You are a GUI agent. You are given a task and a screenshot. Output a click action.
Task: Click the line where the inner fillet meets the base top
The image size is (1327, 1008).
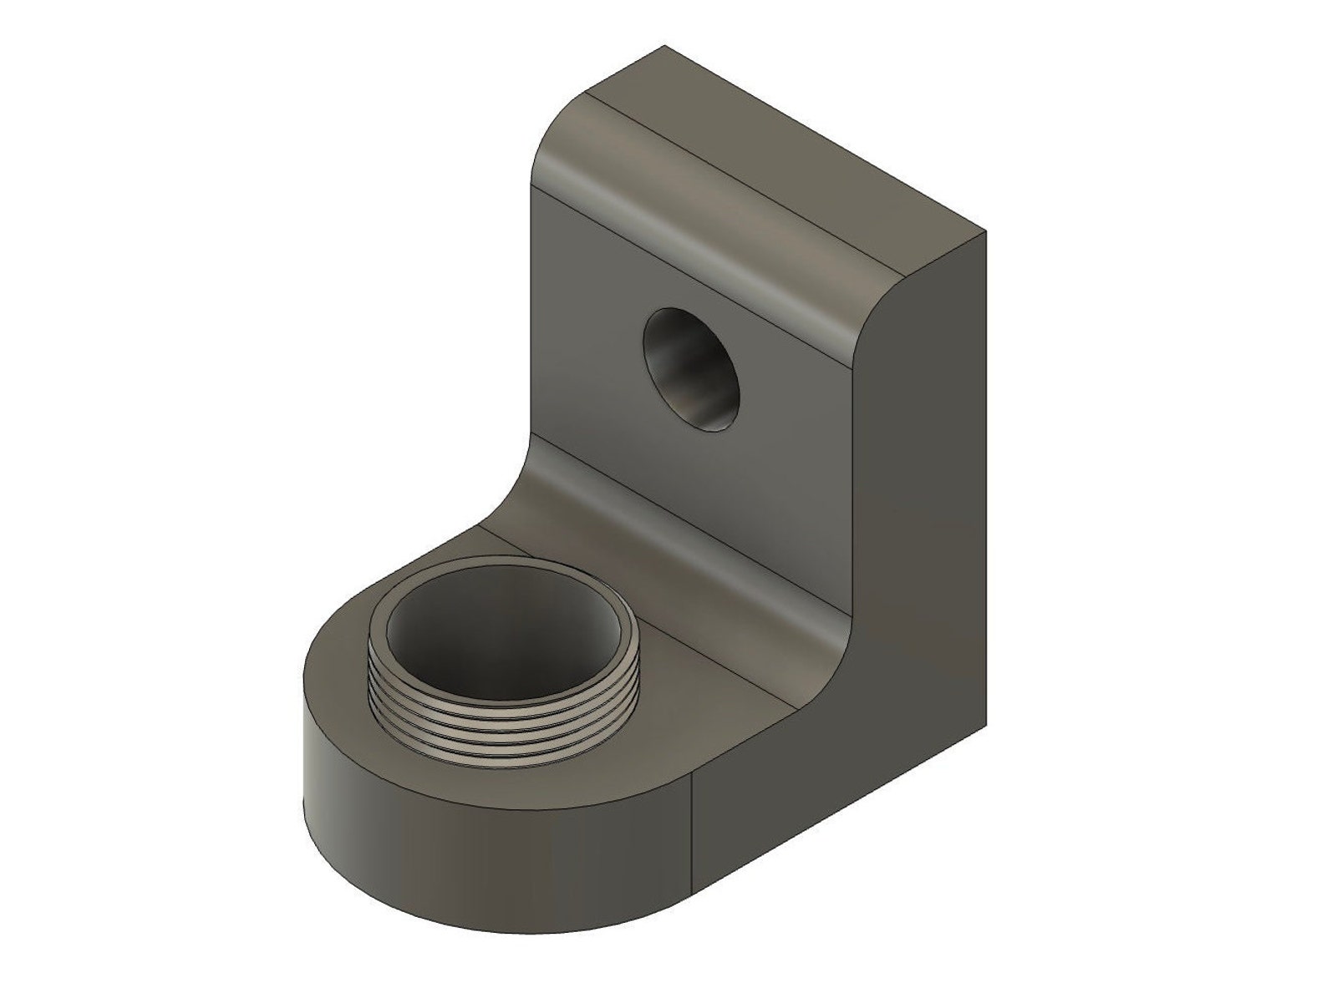pos(660,618)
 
